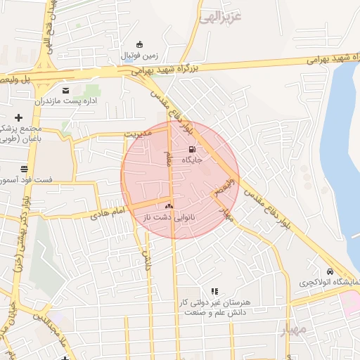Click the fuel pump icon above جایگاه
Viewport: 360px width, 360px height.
click(193, 149)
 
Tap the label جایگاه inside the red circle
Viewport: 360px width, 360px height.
click(193, 160)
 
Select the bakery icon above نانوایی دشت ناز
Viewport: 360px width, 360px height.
click(168, 207)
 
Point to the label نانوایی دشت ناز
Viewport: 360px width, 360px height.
click(168, 218)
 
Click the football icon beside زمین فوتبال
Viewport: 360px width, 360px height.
click(141, 44)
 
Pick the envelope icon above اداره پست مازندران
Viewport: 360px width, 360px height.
click(66, 91)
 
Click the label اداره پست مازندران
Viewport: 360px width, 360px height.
click(67, 102)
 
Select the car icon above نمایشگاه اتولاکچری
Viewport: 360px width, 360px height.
click(329, 272)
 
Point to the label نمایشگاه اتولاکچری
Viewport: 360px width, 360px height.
click(329, 283)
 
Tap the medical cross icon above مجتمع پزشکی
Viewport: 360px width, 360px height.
click(18, 117)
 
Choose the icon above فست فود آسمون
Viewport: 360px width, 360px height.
click(25, 169)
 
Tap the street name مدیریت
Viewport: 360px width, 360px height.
click(138, 133)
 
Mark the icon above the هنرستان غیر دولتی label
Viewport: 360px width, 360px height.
click(214, 290)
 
